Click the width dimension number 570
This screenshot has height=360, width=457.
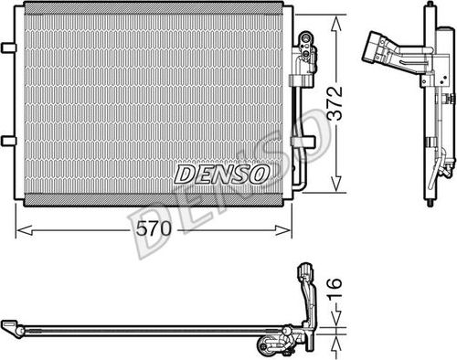point(154,230)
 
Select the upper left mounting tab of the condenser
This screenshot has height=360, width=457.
point(8,47)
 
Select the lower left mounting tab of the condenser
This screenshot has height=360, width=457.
point(8,140)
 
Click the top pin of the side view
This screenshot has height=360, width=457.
point(427,9)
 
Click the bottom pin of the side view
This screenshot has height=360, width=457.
point(427,196)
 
